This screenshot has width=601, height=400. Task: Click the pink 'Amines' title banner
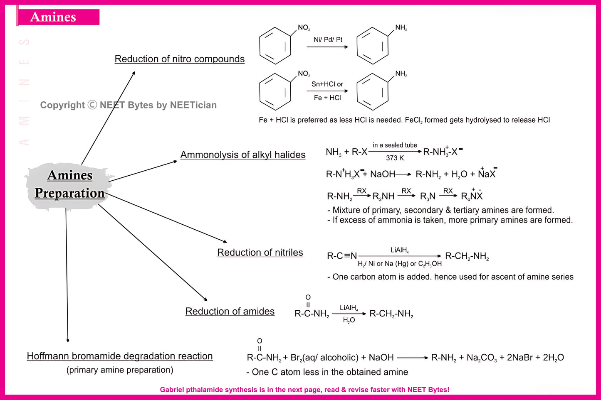click(58, 17)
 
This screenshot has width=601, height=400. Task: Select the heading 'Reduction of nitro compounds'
click(179, 59)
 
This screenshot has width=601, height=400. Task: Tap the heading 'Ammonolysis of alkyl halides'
click(242, 155)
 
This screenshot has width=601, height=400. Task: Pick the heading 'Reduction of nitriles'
click(260, 252)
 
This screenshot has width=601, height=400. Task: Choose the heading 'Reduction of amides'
click(230, 311)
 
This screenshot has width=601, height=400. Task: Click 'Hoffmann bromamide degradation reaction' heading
click(120, 356)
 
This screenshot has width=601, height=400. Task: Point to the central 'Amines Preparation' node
click(69, 184)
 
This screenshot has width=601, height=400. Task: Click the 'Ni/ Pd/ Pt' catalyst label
click(328, 39)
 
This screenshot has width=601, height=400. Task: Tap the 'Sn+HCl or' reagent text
click(327, 84)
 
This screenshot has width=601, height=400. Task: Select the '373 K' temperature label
click(395, 158)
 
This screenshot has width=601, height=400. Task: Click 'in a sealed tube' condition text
click(395, 145)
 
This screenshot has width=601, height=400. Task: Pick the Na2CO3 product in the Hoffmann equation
click(481, 358)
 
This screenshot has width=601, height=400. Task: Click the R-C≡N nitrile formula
click(342, 256)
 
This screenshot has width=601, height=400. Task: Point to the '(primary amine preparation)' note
click(120, 370)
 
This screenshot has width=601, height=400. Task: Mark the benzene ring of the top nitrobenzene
click(275, 46)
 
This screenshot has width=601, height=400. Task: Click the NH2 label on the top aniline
click(401, 28)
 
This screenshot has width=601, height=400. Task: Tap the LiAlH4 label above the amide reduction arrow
click(349, 308)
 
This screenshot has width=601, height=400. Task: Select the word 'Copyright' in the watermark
click(62, 105)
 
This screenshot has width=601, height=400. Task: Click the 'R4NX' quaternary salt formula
click(472, 196)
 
